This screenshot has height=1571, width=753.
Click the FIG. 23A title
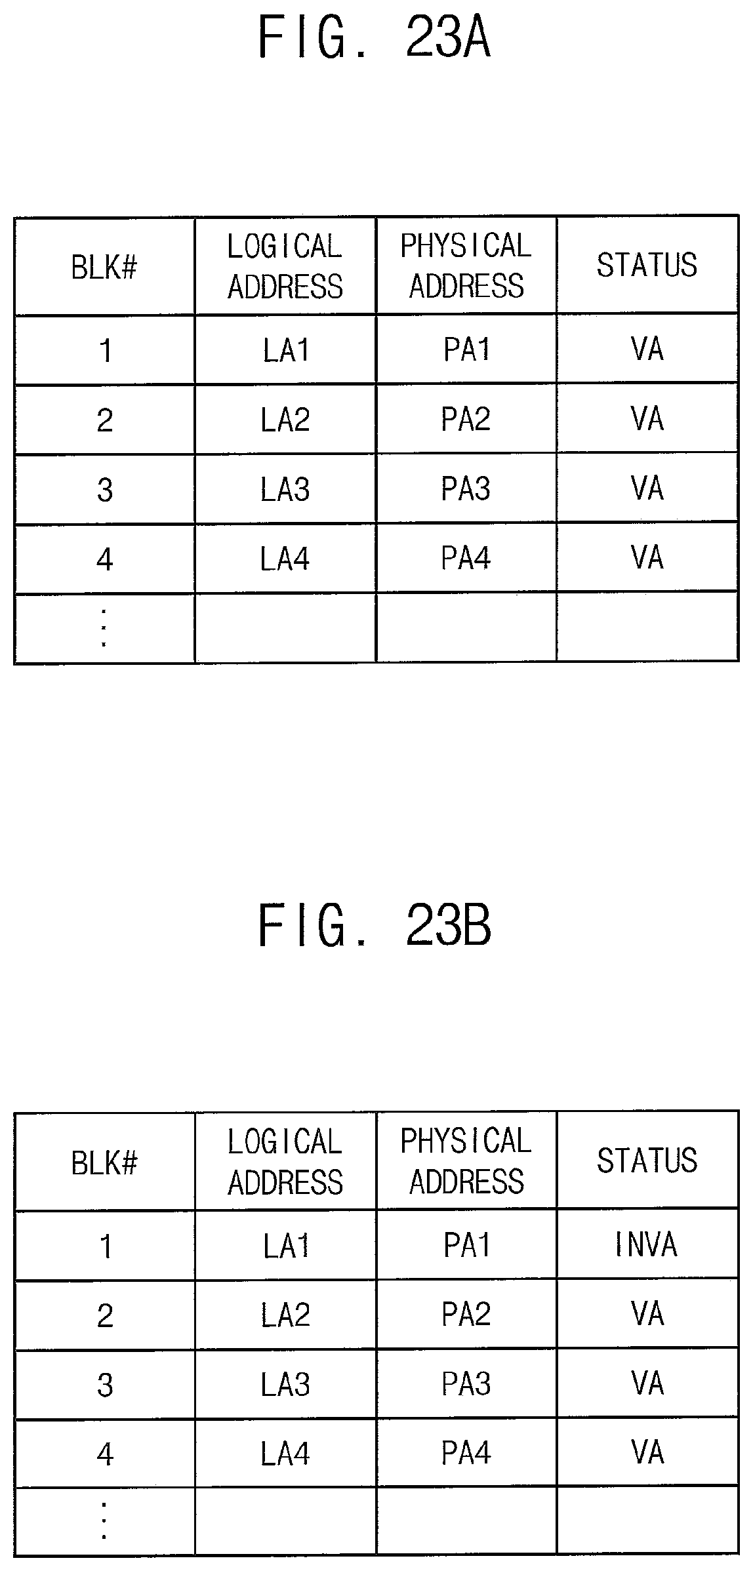coord(375,38)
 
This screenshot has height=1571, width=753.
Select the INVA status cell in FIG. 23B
coord(647,1244)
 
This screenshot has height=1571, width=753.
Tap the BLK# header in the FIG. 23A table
coord(104,267)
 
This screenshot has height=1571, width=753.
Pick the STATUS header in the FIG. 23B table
coord(647,1160)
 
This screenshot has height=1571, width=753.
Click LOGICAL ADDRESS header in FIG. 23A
coord(285,266)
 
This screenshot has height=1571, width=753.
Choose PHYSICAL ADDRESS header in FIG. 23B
coord(466,1161)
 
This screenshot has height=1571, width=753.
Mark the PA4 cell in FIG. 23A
coord(466,559)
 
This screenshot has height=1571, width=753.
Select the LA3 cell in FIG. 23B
coord(285,1384)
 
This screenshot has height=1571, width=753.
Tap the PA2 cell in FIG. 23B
coord(466,1314)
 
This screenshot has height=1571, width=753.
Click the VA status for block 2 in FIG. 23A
coord(647,419)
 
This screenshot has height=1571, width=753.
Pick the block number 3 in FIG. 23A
coord(105,490)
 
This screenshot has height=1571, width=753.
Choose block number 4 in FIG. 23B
coord(105,1454)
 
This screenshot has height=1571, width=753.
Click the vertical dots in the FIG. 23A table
coord(104,627)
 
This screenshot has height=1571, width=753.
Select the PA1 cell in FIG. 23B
coord(466,1244)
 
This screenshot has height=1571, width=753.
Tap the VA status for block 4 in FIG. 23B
coord(647,1453)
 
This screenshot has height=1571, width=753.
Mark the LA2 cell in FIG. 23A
coord(285,420)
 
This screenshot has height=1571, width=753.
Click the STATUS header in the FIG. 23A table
coord(647,265)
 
